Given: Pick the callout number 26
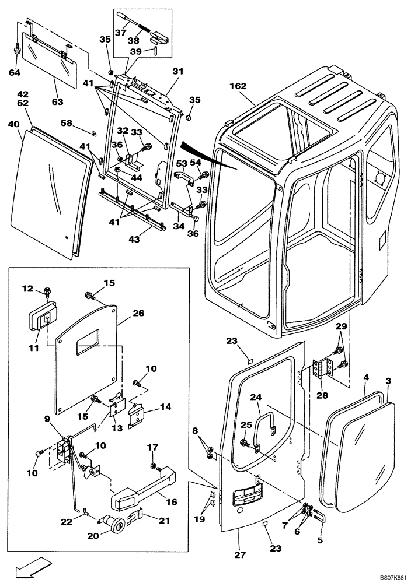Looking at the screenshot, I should coord(138,312).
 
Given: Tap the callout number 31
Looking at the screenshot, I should coord(177,71).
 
